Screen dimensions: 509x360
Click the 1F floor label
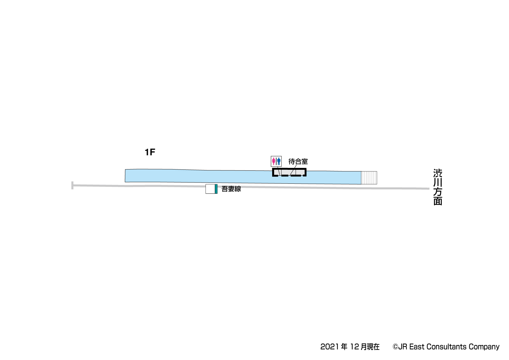point(150,152)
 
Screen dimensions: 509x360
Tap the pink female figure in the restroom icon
point(274,161)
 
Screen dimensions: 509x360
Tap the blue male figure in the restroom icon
point(279,161)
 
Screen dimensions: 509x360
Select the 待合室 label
point(298,161)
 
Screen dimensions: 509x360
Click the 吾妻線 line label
point(231,189)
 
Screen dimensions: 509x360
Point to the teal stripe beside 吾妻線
point(216,189)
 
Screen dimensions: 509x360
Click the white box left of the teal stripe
point(210,189)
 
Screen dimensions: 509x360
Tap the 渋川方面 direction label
point(438,187)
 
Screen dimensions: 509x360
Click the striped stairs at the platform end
point(369,178)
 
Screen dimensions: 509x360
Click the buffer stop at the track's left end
point(72,185)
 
